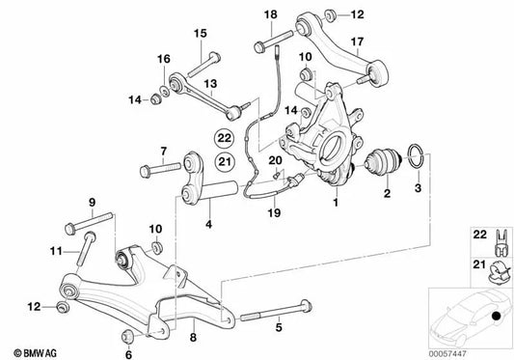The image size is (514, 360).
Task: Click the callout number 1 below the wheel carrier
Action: click(x=336, y=204)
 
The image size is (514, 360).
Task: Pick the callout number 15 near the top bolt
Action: click(x=201, y=35)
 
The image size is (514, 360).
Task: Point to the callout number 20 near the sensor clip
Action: click(x=273, y=160)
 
